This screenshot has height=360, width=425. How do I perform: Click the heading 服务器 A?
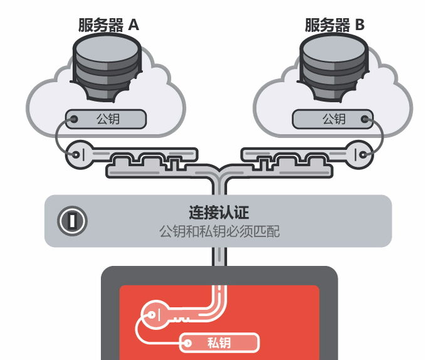[x=108, y=25]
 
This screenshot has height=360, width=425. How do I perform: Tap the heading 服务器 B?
[x=335, y=25]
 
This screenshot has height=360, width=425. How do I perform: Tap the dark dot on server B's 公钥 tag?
[x=365, y=119]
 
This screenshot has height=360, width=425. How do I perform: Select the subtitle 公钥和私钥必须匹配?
[x=219, y=231]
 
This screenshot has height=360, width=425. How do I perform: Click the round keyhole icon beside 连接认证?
[x=72, y=220]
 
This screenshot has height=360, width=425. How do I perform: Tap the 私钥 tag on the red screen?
[x=219, y=342]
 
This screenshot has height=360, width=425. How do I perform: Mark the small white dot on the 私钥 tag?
[x=187, y=342]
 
